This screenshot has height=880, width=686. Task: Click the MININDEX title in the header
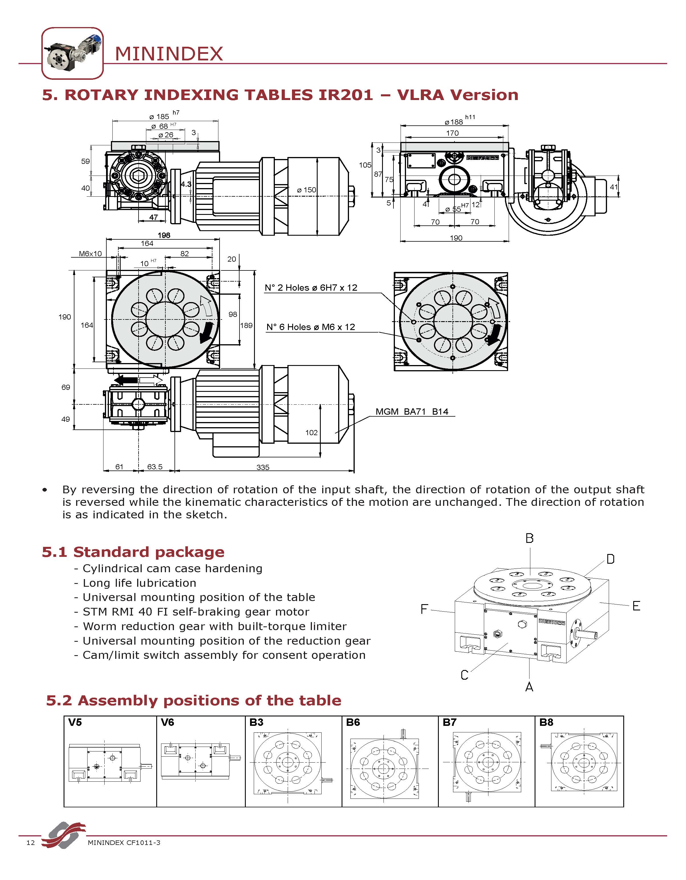click(169, 54)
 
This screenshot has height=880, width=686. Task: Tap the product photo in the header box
click(72, 53)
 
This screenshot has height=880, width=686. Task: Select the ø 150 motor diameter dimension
click(307, 190)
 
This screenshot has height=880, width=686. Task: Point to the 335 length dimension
click(263, 467)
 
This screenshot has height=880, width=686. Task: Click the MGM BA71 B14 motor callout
click(412, 412)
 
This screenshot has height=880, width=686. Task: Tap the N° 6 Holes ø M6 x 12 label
click(311, 327)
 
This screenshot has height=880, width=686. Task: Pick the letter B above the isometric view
click(530, 538)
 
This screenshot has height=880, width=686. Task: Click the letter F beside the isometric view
click(424, 609)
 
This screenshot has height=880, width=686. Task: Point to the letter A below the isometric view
click(529, 687)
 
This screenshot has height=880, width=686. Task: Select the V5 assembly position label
click(75, 722)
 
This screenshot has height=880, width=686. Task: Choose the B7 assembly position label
click(449, 722)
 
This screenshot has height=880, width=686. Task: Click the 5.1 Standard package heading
click(133, 552)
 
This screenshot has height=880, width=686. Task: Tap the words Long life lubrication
click(139, 583)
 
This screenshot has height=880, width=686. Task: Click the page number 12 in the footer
click(31, 843)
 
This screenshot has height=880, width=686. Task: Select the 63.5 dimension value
click(155, 467)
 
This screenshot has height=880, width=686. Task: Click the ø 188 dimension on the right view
click(454, 122)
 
